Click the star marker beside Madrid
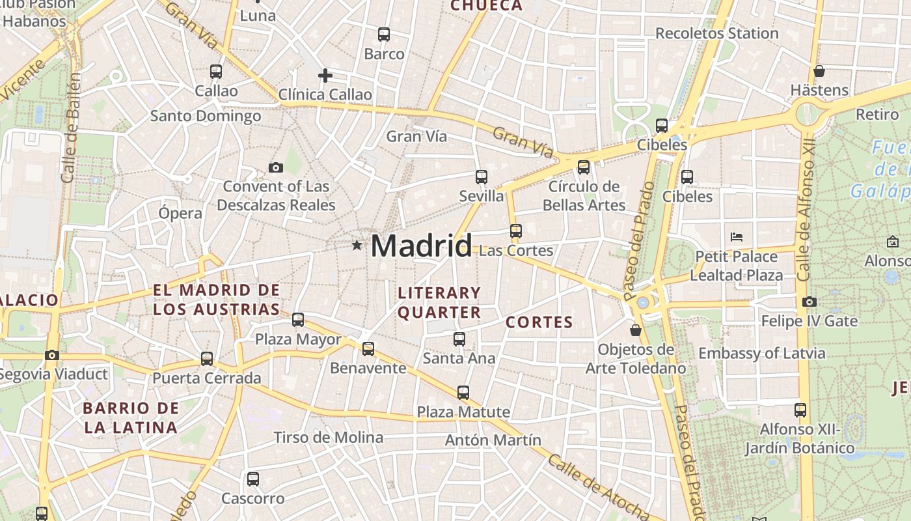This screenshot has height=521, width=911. coord(357,246)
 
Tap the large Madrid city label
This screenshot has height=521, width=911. coord(421,246)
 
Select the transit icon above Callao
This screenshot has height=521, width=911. coord(216,72)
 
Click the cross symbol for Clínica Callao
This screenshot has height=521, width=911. coord(325,76)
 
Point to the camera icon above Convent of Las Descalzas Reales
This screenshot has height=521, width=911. coord(276,168)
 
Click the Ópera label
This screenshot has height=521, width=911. coord(180,213)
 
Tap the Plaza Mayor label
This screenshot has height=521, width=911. coord(298,339)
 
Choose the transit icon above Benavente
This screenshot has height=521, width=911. coord(368,349)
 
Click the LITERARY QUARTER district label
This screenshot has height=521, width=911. coord(439,303)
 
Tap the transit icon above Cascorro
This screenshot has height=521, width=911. coord(253,479)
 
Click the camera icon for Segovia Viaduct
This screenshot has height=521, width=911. coord(52,355)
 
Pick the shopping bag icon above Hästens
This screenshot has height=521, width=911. coord(819,71)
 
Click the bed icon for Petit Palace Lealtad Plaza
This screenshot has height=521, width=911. coord(737,236)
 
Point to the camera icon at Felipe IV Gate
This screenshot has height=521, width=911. coord(809,302)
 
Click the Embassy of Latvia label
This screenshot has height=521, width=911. coord(761,354)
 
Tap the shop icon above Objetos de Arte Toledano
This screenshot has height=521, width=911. coord(636,330)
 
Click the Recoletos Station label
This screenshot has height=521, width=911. coord(716,33)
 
